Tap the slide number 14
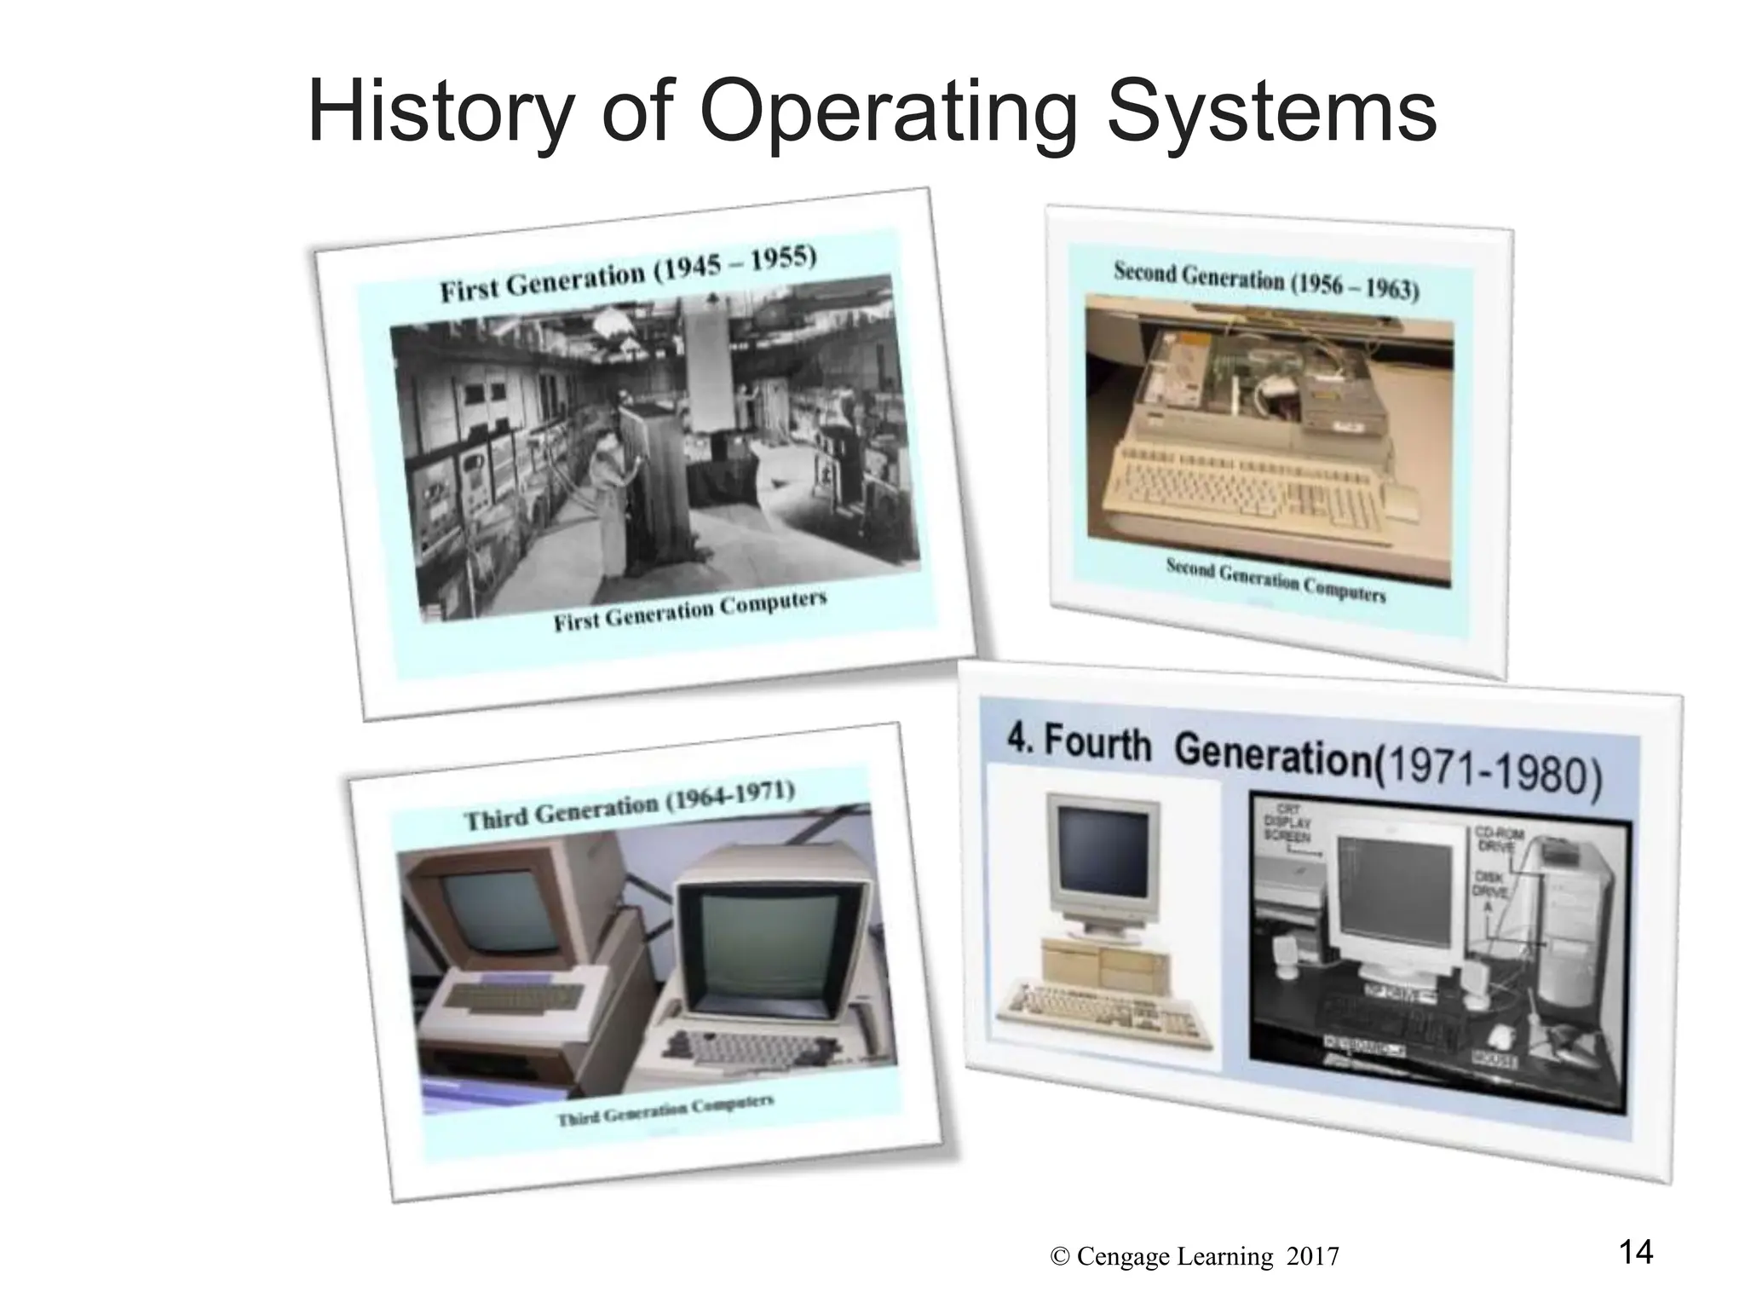coord(1635,1252)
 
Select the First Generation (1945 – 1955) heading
coord(628,274)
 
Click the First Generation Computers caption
coord(689,610)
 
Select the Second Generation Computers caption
coord(1275,579)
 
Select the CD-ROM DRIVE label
coord(1499,840)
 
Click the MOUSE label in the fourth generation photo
coord(1494,1059)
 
